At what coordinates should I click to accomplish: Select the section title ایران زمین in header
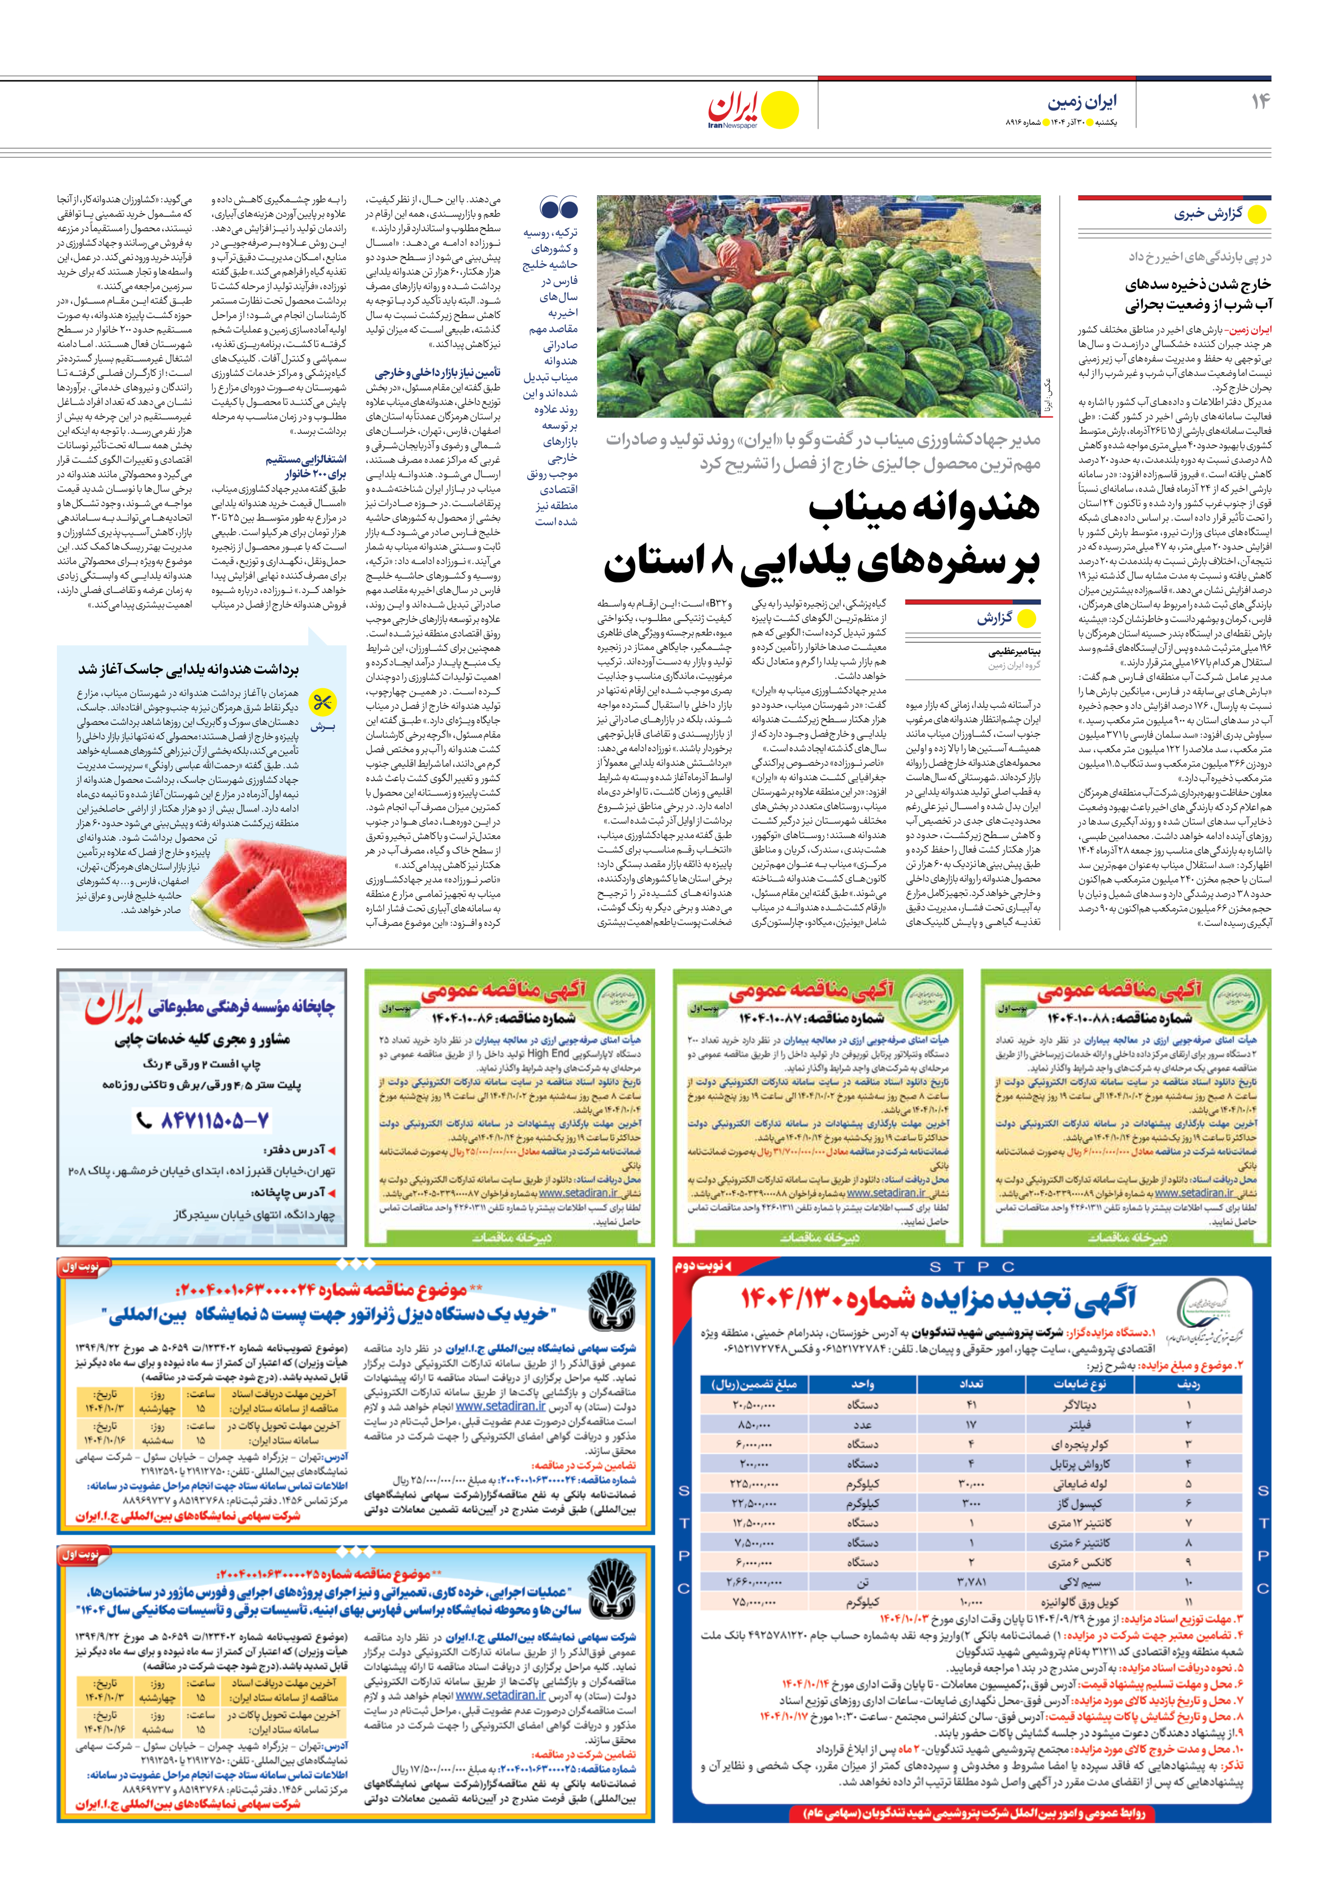(x=1082, y=102)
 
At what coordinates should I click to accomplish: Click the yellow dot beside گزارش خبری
(x=1256, y=214)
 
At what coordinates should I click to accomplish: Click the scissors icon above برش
(x=322, y=703)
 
